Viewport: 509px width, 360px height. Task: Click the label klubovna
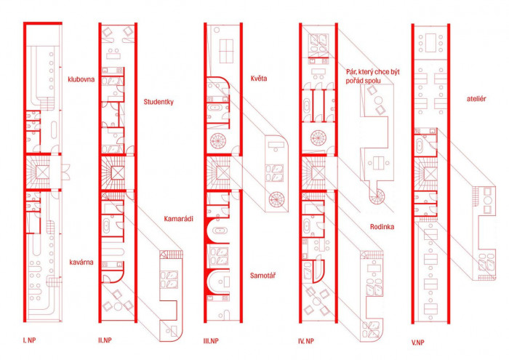tap(81, 79)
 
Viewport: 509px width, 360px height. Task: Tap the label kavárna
tap(81, 262)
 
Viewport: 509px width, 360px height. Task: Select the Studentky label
tap(159, 102)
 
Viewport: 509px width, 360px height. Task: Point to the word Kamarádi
tap(178, 218)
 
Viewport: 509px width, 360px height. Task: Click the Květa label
tap(259, 79)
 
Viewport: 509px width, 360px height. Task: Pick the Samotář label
tap(262, 276)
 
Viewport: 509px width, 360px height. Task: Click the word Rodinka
tap(382, 227)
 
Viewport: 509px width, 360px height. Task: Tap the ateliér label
tap(476, 99)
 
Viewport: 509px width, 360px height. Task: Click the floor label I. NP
tap(29, 340)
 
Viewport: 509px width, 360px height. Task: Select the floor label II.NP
tap(105, 340)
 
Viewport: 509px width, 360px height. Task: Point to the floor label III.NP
tap(211, 341)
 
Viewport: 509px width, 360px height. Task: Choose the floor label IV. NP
tap(306, 341)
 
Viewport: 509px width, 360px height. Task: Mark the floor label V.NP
tap(418, 342)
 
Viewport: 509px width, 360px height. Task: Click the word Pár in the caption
tap(352, 72)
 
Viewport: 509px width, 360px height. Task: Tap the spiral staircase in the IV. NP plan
tap(318, 137)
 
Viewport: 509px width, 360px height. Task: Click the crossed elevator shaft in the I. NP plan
tap(42, 172)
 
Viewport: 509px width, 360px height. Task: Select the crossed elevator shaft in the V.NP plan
tap(430, 173)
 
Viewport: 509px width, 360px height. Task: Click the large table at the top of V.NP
tap(430, 42)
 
